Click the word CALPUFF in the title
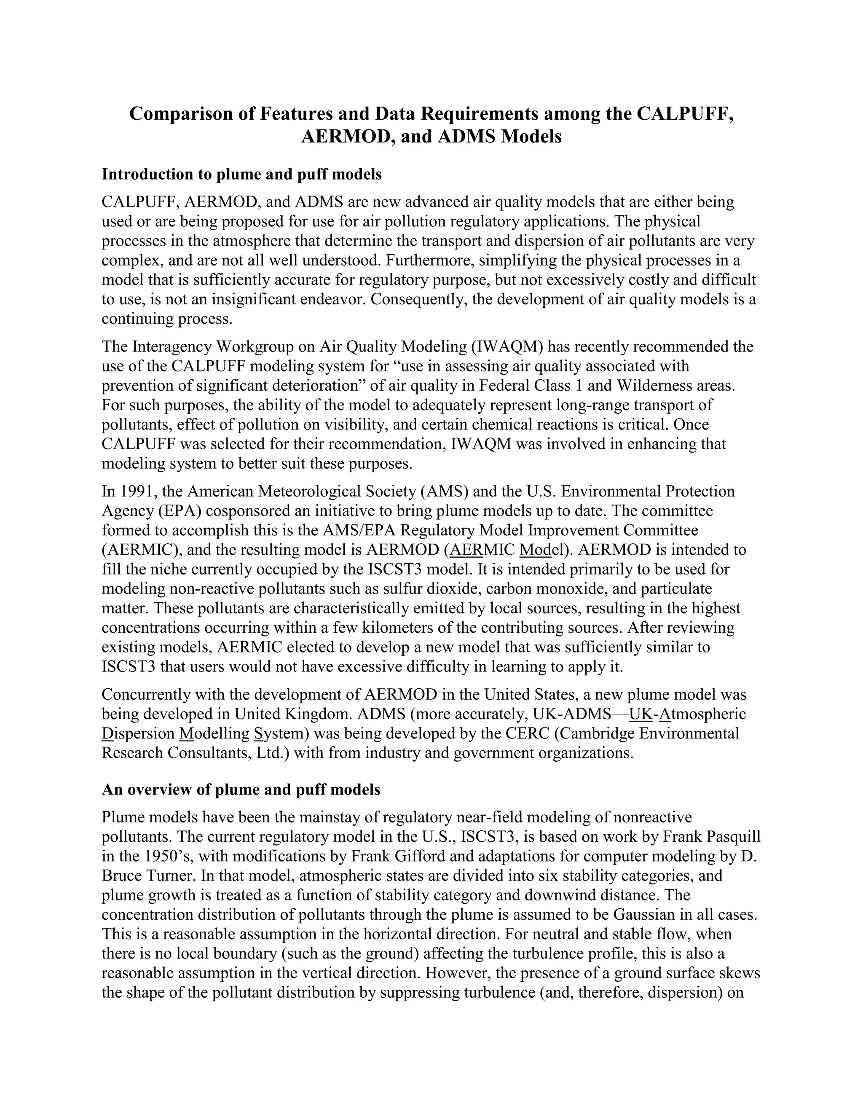[x=685, y=113]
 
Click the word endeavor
[x=332, y=299]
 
